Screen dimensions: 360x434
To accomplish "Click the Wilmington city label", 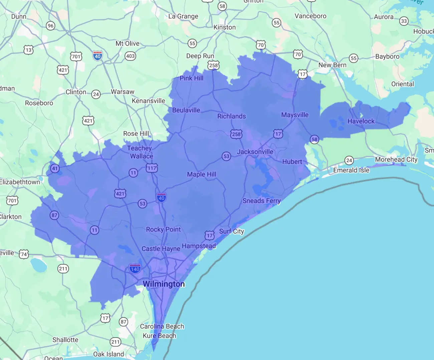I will click(x=164, y=284).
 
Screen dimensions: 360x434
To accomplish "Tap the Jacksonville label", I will click(x=255, y=152).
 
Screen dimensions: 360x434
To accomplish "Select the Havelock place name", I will click(x=361, y=121).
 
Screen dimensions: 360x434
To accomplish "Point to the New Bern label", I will click(x=332, y=65).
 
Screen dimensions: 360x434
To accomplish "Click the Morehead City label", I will click(x=396, y=160).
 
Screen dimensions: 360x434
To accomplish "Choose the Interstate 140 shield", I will click(x=135, y=268).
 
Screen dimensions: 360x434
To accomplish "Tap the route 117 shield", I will click(x=152, y=168).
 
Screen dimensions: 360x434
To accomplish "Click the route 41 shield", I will click(x=55, y=168).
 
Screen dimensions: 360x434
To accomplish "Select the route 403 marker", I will click(x=130, y=56).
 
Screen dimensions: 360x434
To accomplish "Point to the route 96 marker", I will click(x=50, y=26).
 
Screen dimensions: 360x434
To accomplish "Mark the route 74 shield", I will click(x=24, y=254).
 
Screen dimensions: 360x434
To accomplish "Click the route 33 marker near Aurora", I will click(x=404, y=21).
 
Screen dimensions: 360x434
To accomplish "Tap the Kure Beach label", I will click(x=159, y=336).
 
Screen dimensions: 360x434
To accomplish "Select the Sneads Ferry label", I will click(x=261, y=201).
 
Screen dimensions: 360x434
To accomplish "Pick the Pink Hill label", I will click(x=191, y=78).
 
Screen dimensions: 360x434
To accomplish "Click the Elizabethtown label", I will click(x=20, y=182).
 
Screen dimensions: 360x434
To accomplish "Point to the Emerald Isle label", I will click(x=351, y=170).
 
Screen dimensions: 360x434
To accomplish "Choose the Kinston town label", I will click(x=225, y=27).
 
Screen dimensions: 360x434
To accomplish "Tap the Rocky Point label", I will click(x=163, y=229).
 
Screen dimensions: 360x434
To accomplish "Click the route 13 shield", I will click(x=28, y=50).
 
